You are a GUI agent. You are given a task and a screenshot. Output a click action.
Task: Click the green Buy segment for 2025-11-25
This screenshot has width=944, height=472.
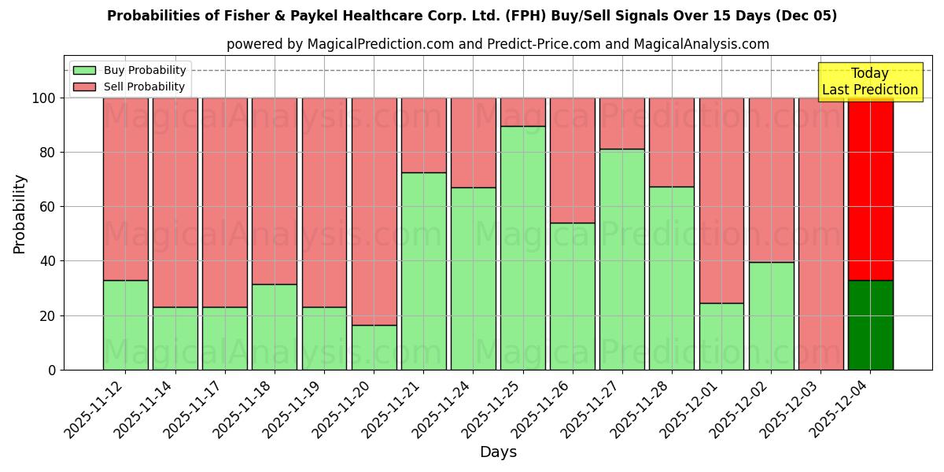click(522, 248)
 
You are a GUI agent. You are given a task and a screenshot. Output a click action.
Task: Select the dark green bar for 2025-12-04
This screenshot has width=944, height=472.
click(870, 325)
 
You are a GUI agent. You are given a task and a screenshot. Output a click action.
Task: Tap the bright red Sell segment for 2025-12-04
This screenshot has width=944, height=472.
click(870, 189)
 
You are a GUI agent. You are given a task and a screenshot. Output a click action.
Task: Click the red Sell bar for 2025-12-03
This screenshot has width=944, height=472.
click(820, 234)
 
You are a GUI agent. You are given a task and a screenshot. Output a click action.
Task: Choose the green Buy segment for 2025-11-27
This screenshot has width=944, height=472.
click(621, 259)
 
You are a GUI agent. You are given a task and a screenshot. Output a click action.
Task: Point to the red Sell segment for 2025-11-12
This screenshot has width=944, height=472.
click(125, 189)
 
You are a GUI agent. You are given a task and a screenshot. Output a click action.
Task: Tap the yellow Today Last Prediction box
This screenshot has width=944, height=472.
click(869, 82)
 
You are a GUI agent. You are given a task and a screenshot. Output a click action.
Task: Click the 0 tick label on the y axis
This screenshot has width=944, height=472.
click(52, 370)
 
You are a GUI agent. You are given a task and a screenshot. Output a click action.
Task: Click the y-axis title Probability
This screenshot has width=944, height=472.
click(20, 214)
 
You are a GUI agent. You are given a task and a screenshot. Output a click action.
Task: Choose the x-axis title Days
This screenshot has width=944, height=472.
click(498, 452)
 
